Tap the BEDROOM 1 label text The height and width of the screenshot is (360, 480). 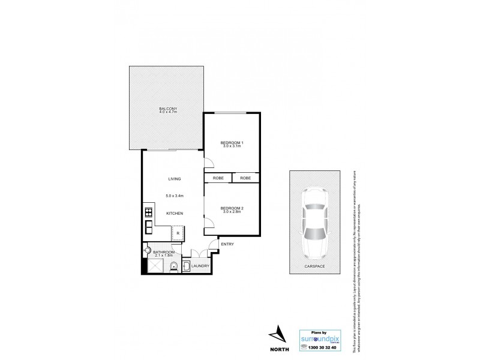(x=232, y=142)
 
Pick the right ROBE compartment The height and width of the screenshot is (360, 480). (x=246, y=178)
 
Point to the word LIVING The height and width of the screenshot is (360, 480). (x=175, y=179)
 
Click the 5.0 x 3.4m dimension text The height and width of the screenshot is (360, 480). (x=175, y=196)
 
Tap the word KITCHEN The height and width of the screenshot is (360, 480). (x=175, y=214)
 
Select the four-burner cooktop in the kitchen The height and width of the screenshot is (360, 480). (x=148, y=212)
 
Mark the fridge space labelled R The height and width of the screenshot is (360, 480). (x=178, y=233)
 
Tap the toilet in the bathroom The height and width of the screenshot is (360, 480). (x=173, y=267)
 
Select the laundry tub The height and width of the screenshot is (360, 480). (x=186, y=266)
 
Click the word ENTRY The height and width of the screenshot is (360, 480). (x=227, y=244)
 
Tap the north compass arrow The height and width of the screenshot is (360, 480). (x=278, y=334)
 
